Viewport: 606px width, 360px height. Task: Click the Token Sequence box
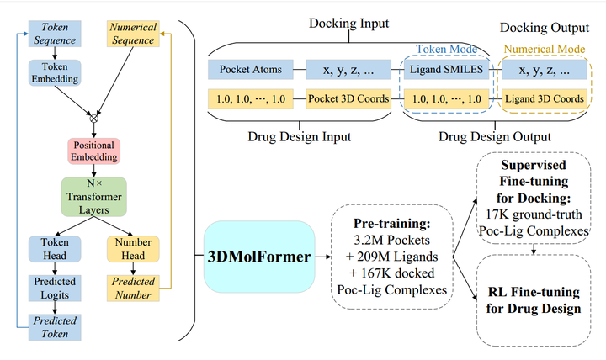(x=55, y=33)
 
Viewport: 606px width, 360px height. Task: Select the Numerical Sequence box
(x=133, y=33)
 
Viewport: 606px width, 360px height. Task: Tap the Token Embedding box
(x=55, y=73)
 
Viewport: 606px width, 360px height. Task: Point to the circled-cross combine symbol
(x=93, y=118)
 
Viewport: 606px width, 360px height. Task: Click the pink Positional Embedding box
(x=93, y=151)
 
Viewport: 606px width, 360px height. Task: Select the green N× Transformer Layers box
(x=93, y=195)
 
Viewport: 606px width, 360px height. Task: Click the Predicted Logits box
(x=55, y=287)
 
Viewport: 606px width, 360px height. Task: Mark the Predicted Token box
(x=55, y=327)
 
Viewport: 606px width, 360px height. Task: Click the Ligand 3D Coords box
(x=544, y=98)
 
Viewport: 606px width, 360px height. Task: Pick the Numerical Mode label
(x=544, y=48)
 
